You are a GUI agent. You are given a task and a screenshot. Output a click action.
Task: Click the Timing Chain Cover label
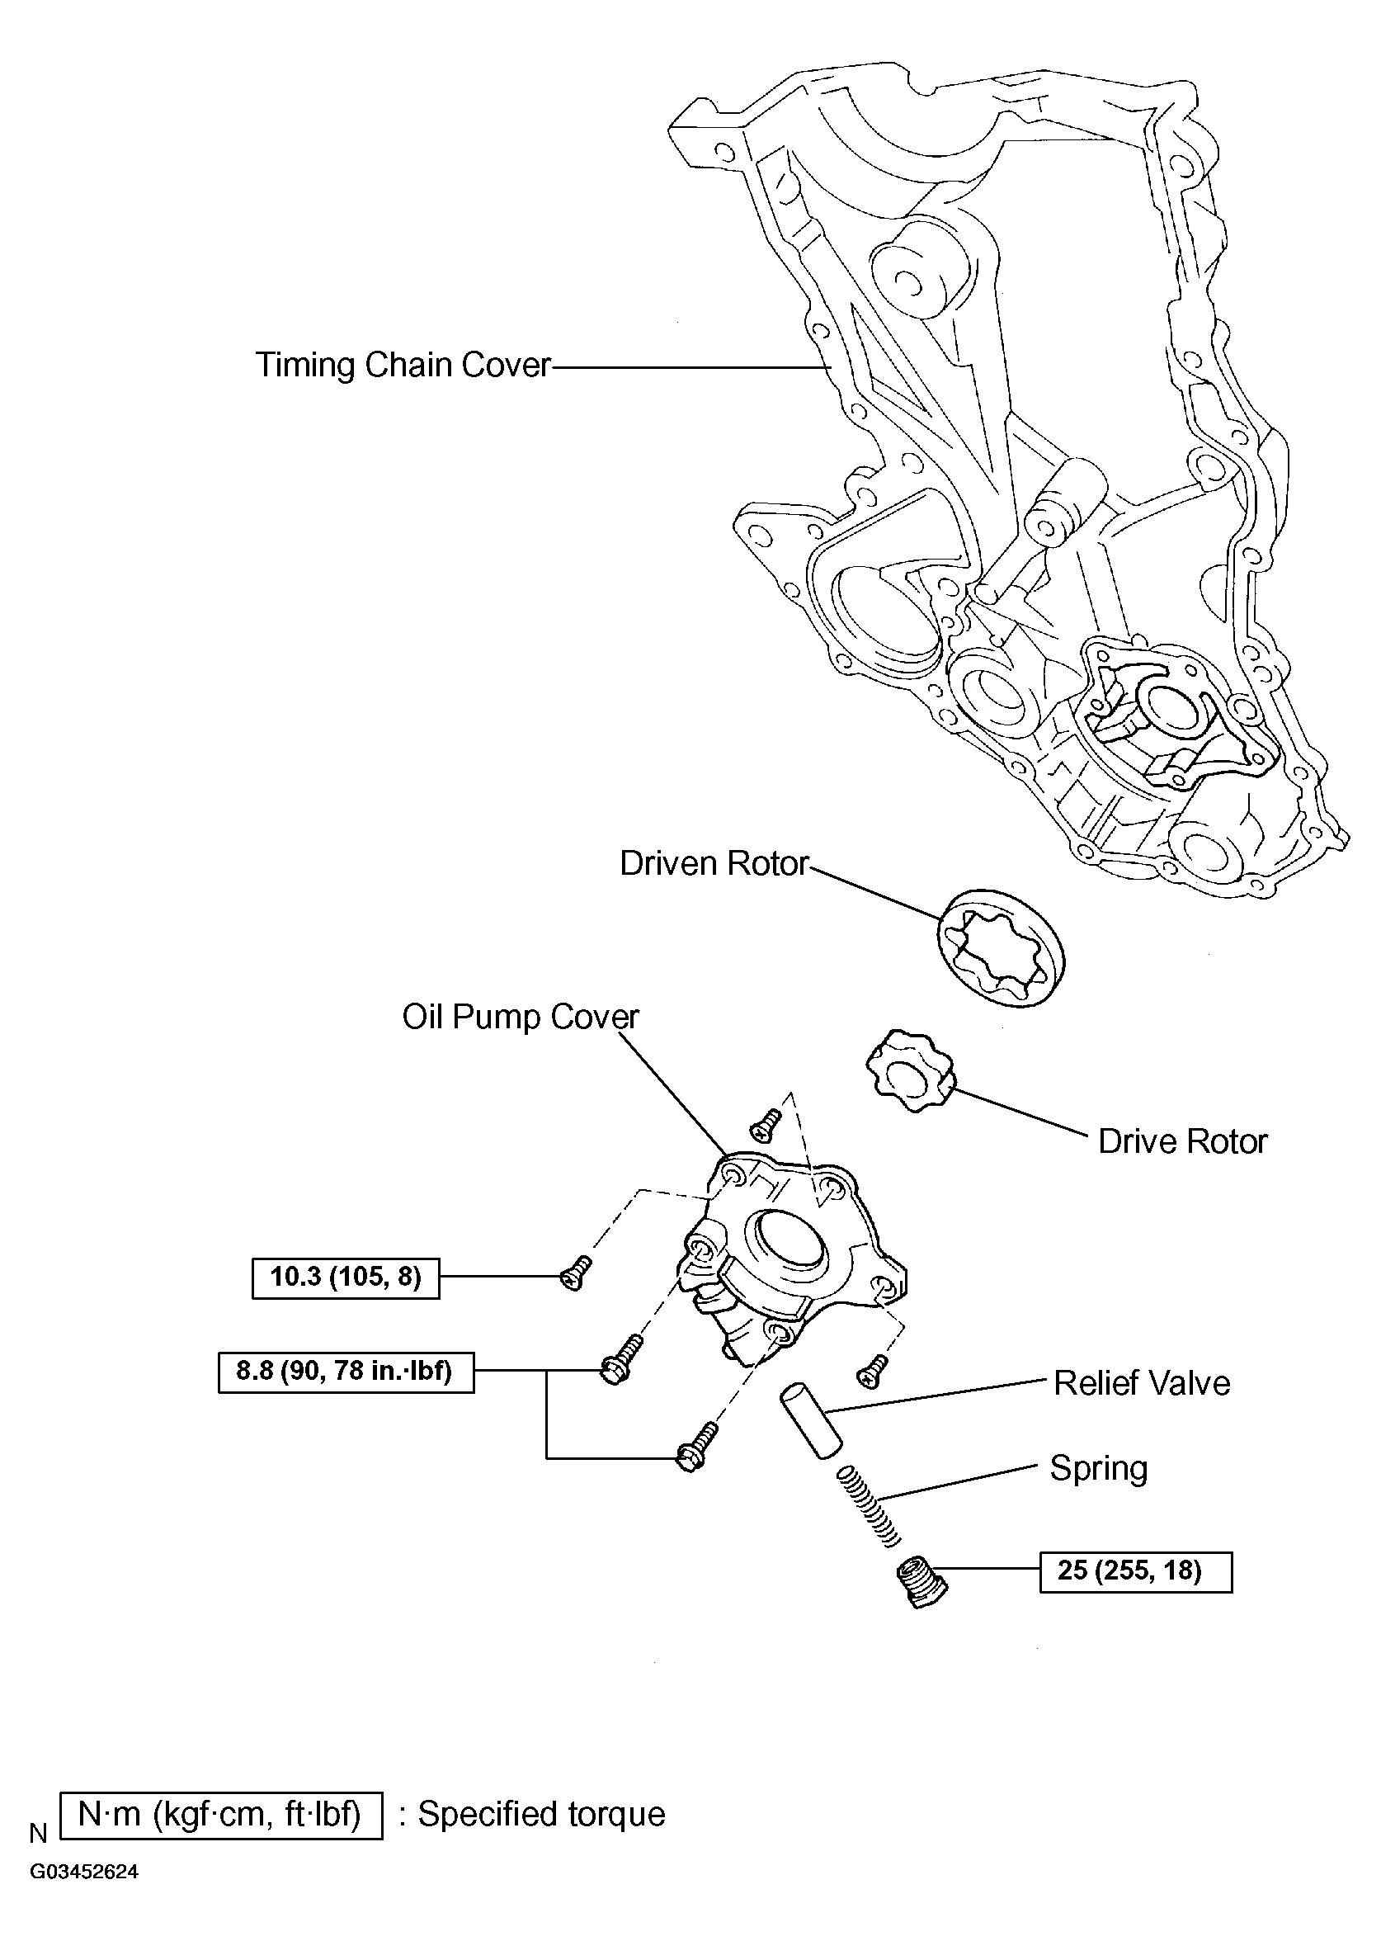point(403,365)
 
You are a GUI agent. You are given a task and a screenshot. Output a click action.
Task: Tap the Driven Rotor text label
point(714,863)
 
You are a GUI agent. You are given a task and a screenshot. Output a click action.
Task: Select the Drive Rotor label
point(1182,1141)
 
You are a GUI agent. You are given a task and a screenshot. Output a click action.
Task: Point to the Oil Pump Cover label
point(520,1017)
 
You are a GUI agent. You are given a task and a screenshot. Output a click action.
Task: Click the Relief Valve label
point(1141,1383)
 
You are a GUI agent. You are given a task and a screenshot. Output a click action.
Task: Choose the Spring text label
point(1099,1468)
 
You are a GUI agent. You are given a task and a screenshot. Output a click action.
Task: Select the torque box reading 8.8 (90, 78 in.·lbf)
point(345,1371)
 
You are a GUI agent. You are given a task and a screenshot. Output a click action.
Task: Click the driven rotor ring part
point(1002,948)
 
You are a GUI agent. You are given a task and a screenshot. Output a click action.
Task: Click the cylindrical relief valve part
point(811,1421)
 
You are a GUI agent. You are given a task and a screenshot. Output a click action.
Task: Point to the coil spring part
point(868,1505)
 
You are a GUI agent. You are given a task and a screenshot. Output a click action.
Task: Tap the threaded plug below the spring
point(921,1581)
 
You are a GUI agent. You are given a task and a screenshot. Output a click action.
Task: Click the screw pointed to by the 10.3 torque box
point(576,1274)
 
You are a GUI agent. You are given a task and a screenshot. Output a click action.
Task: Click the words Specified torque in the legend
point(541,1813)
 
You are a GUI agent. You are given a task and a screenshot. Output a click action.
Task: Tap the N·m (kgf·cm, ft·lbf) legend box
point(221,1815)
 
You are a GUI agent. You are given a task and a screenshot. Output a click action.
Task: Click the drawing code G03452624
point(84,1873)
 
